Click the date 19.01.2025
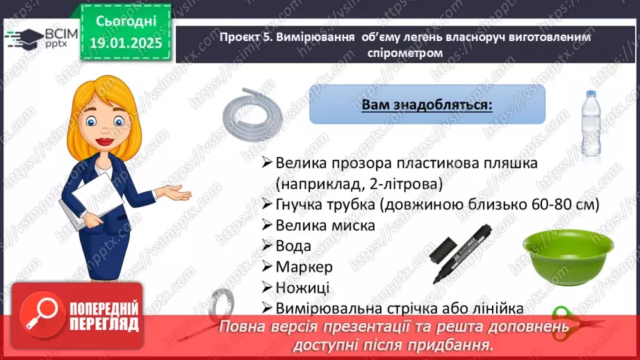[x=126, y=43]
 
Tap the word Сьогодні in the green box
[x=126, y=22]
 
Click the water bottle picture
[x=591, y=124]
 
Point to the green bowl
[x=568, y=257]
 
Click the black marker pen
[x=461, y=253]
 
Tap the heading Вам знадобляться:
[x=427, y=105]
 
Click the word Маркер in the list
[x=304, y=267]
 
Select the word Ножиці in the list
[x=302, y=288]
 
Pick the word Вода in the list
[x=293, y=246]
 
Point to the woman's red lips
[x=104, y=142]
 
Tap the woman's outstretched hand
[x=177, y=192]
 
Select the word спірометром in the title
[x=405, y=53]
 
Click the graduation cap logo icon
[x=24, y=38]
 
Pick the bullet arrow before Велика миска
[x=267, y=225]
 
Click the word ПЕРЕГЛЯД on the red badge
[x=104, y=325]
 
